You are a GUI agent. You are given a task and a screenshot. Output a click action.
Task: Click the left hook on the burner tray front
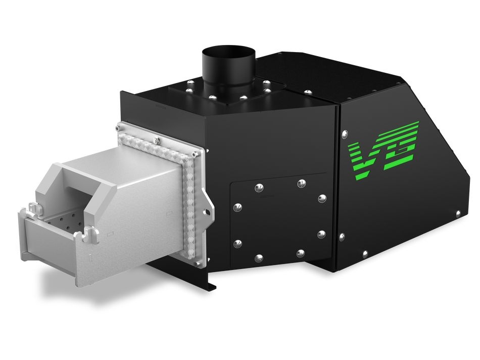[x=33, y=208]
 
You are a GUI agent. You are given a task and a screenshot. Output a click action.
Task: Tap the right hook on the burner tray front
[x=91, y=234]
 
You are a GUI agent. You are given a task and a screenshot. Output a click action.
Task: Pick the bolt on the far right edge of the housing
[x=458, y=214]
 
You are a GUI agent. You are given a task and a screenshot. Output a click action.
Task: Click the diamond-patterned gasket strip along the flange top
[x=157, y=140]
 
